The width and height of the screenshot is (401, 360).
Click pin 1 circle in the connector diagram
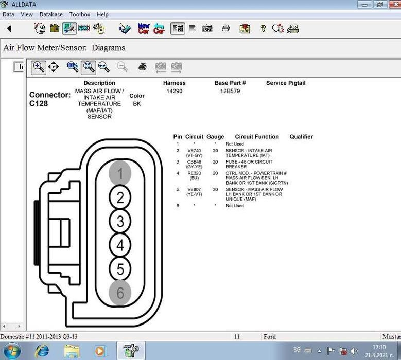(x=120, y=174)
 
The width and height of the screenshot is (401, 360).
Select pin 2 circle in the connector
(x=120, y=197)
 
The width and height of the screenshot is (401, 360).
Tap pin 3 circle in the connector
(x=120, y=222)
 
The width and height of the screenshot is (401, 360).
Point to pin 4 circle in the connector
(x=120, y=245)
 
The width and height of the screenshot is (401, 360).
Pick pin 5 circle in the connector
(x=120, y=269)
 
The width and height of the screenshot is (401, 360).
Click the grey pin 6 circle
(x=120, y=293)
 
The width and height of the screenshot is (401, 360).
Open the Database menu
(x=51, y=15)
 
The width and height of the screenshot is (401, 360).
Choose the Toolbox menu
(x=80, y=15)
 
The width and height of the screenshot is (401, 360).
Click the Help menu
(x=102, y=15)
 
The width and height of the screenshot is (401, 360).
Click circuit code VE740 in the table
(x=194, y=151)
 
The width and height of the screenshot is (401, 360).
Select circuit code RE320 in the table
(x=194, y=173)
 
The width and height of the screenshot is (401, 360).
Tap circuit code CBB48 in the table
(x=194, y=162)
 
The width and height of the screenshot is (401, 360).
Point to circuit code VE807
(x=194, y=189)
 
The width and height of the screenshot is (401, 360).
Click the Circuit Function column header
(x=257, y=137)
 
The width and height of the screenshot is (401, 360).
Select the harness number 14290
(x=174, y=92)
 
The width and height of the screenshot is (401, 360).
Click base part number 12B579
(x=230, y=92)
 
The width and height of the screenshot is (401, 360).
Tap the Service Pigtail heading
(x=286, y=83)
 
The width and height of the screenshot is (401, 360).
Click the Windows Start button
(x=12, y=351)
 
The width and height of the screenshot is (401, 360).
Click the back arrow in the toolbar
(x=9, y=28)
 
